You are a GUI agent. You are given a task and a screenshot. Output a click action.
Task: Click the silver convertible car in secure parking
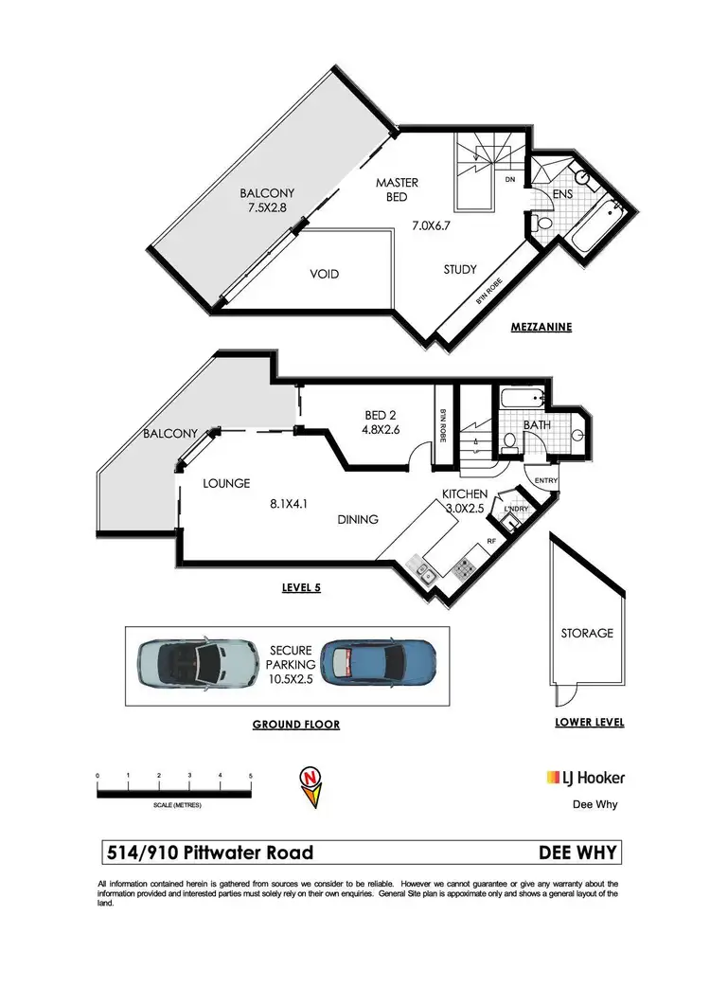[197, 665]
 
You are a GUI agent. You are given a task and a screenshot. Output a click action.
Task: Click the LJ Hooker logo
[585, 778]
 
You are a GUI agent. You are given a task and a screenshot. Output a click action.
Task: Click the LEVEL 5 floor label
[302, 587]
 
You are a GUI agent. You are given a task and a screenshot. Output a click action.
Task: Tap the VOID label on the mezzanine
[324, 274]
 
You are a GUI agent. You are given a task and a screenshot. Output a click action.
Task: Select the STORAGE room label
[586, 633]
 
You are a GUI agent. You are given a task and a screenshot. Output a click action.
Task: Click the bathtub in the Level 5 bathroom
[521, 398]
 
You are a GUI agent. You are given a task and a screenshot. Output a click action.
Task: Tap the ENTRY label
[546, 481]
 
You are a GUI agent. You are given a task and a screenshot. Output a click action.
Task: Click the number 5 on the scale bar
[250, 776]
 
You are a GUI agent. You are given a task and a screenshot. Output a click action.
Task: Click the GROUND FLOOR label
[295, 724]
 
